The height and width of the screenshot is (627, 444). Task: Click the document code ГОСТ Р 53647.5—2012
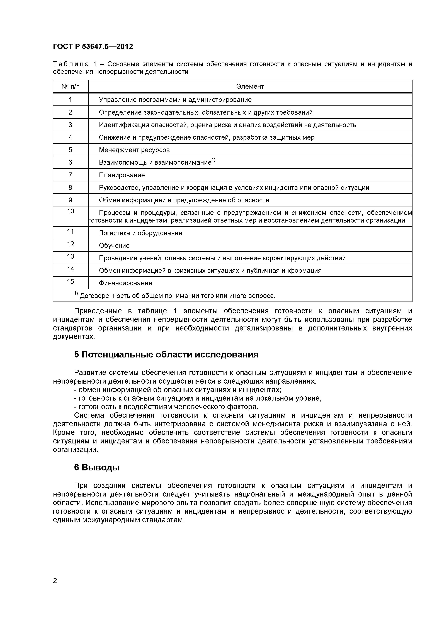[x=93, y=47]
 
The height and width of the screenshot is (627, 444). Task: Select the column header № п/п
[x=71, y=87]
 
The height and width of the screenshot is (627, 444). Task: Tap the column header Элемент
[x=250, y=87]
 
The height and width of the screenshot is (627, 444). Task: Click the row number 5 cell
[x=70, y=150]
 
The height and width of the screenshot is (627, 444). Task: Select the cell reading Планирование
[x=122, y=175]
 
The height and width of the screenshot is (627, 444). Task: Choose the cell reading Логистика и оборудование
[x=140, y=233]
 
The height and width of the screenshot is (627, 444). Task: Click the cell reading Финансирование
[x=125, y=283]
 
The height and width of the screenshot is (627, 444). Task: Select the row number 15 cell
[x=71, y=282]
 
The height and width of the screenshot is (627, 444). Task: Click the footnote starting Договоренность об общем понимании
[x=177, y=296]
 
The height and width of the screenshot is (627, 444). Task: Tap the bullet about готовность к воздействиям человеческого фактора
[x=166, y=407]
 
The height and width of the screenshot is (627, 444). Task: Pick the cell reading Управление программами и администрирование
[x=175, y=100]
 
